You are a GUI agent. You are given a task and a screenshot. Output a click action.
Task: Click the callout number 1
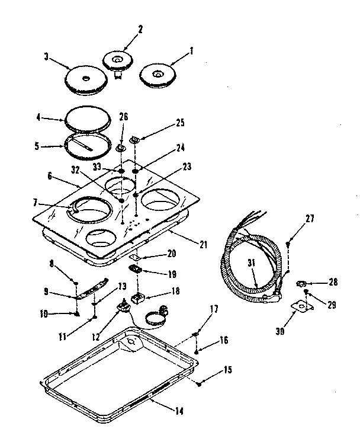[x=191, y=52]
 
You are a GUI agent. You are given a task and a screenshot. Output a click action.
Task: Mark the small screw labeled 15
[x=200, y=384]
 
